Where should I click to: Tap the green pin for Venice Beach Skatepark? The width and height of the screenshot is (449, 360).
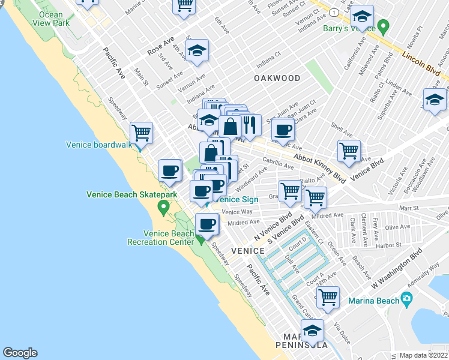tap(163, 208)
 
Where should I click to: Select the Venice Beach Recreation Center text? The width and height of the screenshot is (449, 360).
tap(160, 238)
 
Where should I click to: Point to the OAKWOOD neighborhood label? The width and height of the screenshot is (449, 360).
tap(276, 78)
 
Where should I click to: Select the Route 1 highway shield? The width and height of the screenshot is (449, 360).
tap(333, 12)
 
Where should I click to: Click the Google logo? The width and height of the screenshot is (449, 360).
tap(20, 353)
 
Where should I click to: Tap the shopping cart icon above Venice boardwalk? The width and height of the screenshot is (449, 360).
tap(141, 132)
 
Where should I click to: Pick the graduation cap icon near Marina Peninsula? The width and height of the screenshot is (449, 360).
tap(312, 329)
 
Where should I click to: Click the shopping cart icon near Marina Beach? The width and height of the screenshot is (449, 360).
tap(328, 296)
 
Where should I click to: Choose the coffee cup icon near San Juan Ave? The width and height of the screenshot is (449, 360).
tap(283, 128)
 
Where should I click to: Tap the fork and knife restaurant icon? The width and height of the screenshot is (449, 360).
tap(250, 125)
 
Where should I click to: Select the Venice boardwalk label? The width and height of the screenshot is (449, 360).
tap(98, 144)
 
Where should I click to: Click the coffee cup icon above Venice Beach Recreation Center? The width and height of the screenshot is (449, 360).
tap(207, 224)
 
